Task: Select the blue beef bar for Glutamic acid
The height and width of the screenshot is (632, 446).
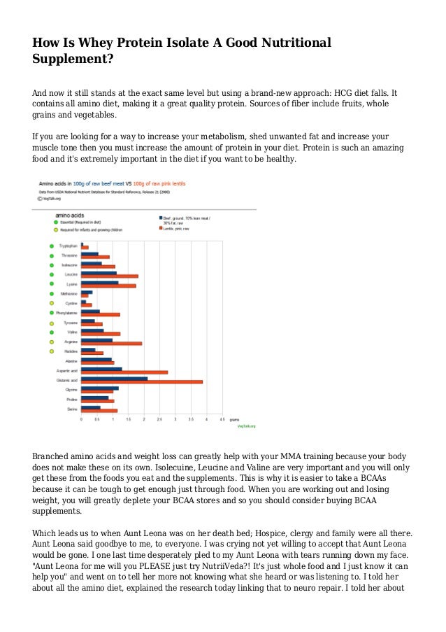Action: click(114, 378)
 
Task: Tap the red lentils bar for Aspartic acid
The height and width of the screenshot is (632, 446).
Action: click(124, 372)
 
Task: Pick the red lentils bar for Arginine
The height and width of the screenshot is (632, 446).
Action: click(111, 343)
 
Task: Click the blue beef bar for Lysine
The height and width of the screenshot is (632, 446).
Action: click(99, 283)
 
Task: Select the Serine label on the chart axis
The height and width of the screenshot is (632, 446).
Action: click(72, 408)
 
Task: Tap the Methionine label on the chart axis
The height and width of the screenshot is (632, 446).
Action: click(69, 294)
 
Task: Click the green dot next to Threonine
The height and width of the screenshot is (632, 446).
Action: click(51, 255)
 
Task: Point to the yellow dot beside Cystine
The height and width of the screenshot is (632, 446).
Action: click(51, 304)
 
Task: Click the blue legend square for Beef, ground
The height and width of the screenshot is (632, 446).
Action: click(160, 217)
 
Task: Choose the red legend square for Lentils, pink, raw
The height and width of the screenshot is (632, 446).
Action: click(160, 228)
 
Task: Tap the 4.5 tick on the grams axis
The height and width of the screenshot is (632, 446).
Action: click(222, 419)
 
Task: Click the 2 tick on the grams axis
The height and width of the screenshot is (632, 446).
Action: click(145, 419)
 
